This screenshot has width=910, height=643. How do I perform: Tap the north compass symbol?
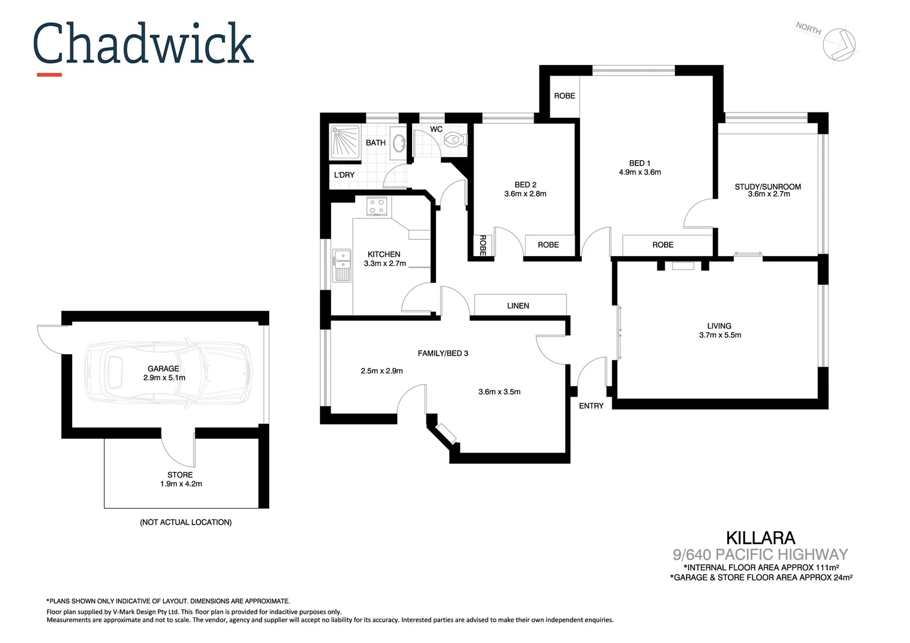coord(839,43)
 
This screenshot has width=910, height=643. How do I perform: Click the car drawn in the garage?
coord(167,374)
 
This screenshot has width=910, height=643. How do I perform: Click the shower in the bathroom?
coord(345,142)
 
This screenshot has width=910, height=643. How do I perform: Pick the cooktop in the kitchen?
coord(376,206)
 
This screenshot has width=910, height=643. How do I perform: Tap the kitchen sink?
coord(342,265)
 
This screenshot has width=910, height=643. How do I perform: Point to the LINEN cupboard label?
coord(518,305)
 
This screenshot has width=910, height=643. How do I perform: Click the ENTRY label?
coord(591,405)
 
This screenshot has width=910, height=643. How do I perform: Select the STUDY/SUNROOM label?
coord(768,186)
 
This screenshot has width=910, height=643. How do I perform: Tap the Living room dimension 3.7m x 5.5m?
coord(720,335)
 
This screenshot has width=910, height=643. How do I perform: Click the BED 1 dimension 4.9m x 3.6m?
coord(640,172)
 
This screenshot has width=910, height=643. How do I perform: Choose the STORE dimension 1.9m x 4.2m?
coord(181,484)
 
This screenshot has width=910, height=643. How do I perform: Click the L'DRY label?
coord(344,175)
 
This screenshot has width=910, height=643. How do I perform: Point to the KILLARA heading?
coord(761,538)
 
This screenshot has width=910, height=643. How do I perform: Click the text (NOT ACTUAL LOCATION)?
coord(186,522)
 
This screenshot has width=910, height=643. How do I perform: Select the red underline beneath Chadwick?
coord(49,74)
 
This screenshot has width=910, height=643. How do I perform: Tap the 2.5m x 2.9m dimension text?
coord(382,371)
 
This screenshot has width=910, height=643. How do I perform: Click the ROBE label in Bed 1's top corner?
coord(564,96)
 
